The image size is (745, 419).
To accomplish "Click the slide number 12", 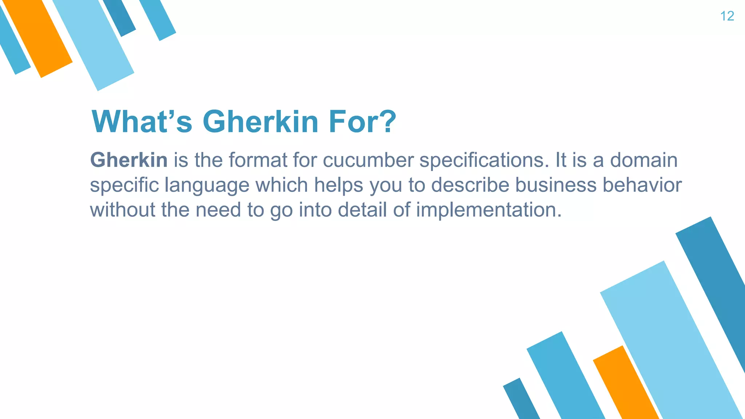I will pos(727,16).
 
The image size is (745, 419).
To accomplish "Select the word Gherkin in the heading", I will pos(260,121).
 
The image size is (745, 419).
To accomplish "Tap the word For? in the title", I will pos(362,121).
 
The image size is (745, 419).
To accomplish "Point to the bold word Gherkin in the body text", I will pos(129,160).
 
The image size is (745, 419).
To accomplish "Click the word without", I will pos(122,210).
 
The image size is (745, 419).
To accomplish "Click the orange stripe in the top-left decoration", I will pos(38,38).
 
